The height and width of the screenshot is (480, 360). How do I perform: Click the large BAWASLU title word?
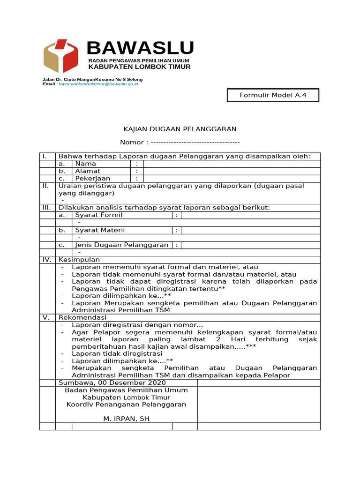[x=140, y=48]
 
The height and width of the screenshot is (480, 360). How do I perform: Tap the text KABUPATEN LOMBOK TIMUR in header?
[x=140, y=67]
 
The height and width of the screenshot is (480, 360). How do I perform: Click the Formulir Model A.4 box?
[x=273, y=96]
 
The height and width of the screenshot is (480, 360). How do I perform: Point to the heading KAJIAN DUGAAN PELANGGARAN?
[x=180, y=129]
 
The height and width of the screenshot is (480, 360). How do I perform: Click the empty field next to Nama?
[x=232, y=164]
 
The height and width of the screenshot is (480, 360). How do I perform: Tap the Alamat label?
[x=88, y=171]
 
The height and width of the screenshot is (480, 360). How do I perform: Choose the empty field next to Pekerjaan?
[x=232, y=179]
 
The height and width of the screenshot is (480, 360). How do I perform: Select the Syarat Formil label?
[x=98, y=215]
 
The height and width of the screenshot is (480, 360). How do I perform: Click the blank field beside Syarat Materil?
[x=250, y=230]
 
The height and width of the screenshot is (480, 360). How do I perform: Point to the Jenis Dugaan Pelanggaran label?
[x=121, y=245]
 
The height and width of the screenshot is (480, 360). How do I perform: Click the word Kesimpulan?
[x=79, y=260]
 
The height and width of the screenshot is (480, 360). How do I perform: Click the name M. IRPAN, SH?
[x=126, y=419]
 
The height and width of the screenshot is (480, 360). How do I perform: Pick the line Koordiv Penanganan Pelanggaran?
[x=126, y=405]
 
